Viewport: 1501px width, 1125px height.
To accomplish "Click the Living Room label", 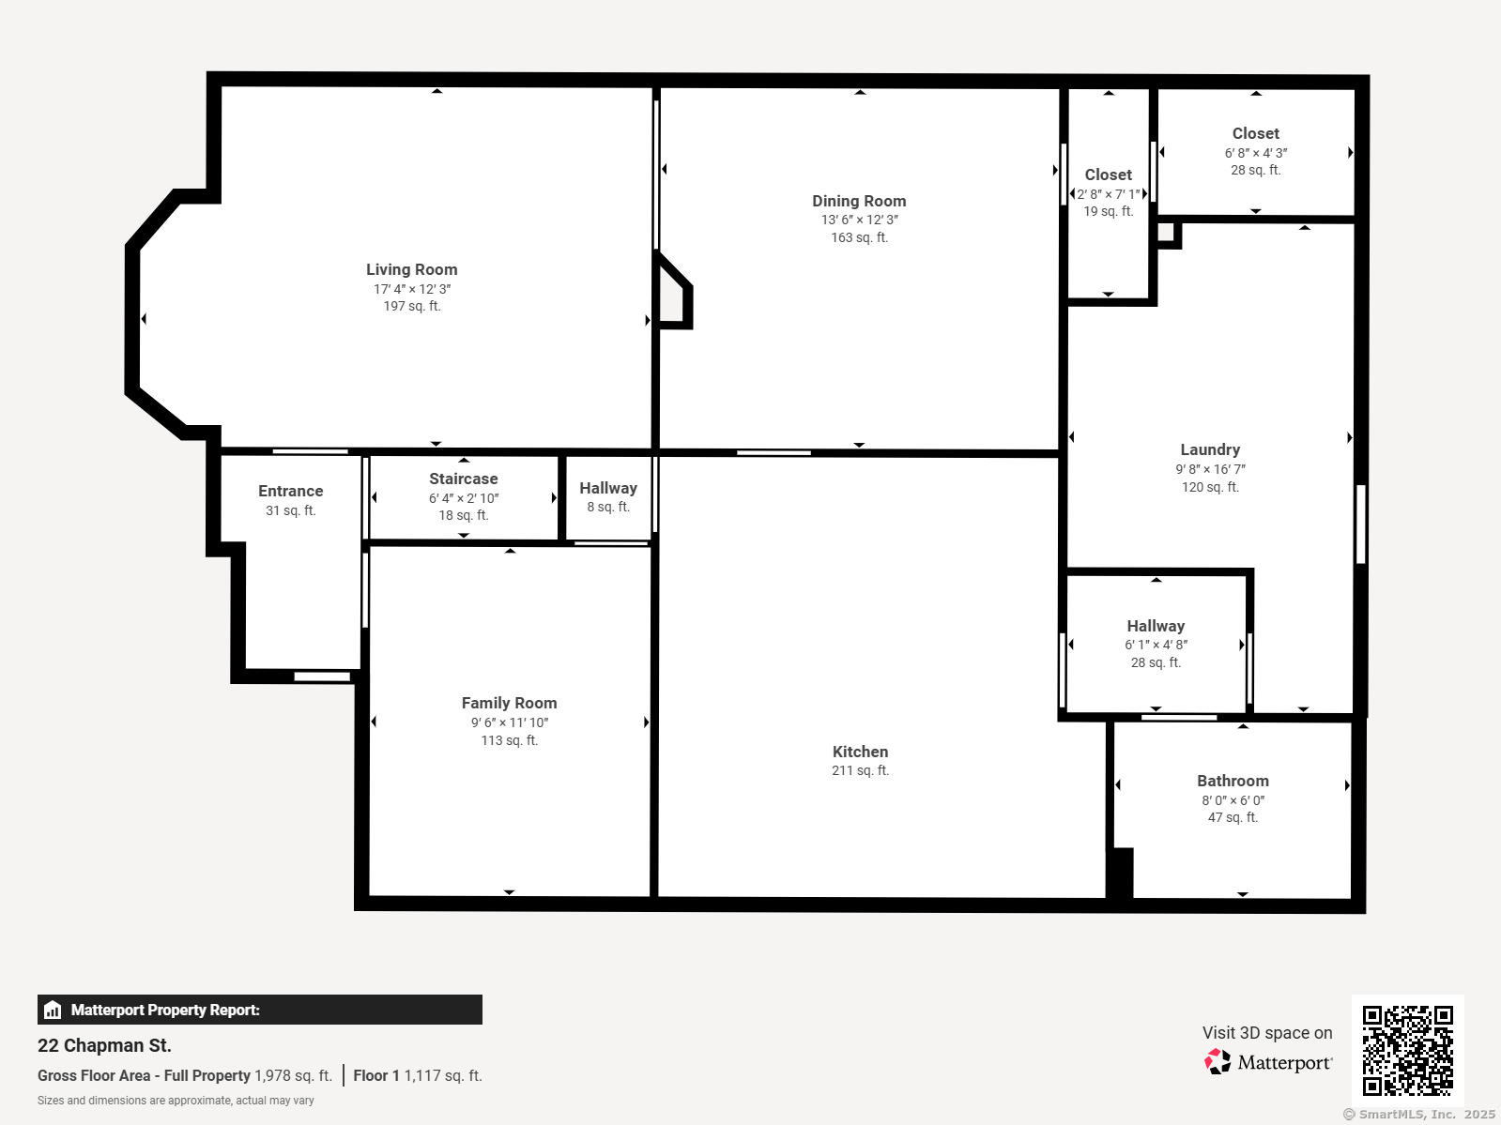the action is [x=412, y=270].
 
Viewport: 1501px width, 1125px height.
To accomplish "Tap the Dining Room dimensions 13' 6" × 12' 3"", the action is [x=859, y=220].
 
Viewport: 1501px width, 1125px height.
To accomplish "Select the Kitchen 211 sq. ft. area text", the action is [x=860, y=770].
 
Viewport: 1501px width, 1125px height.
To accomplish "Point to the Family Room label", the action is [x=509, y=704].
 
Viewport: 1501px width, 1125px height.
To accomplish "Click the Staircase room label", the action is [x=463, y=479].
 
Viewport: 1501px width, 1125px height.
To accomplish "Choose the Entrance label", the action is [x=291, y=492].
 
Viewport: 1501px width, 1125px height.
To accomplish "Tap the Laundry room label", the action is [x=1210, y=450].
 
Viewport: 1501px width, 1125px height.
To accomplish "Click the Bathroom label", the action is [x=1233, y=782].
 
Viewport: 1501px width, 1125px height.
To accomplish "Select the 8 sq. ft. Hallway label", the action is [x=608, y=488].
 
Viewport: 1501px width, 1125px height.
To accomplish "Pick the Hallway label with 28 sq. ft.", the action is [x=1156, y=626].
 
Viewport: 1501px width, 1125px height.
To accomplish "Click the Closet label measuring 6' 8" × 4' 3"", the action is [x=1255, y=134].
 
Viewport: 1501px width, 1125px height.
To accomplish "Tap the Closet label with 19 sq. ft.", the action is [x=1108, y=175].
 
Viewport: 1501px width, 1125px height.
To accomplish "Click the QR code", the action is [x=1407, y=1050].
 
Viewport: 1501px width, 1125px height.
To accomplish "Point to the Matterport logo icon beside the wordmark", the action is [x=1218, y=1061].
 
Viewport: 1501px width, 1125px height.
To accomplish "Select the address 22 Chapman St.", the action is [x=104, y=1046].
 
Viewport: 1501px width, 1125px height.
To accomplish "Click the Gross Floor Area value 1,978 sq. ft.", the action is [x=294, y=1076].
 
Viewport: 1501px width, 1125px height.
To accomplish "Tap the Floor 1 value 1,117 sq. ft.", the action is [x=443, y=1076].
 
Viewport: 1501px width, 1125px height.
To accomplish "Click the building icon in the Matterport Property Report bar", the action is [x=53, y=1011].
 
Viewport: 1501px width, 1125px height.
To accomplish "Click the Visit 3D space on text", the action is [x=1267, y=1033].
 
